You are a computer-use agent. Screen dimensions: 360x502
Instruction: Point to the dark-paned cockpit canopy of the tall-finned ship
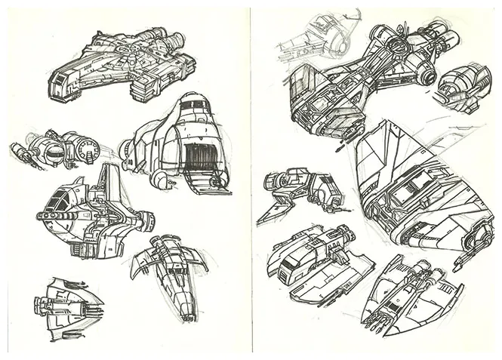58,200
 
